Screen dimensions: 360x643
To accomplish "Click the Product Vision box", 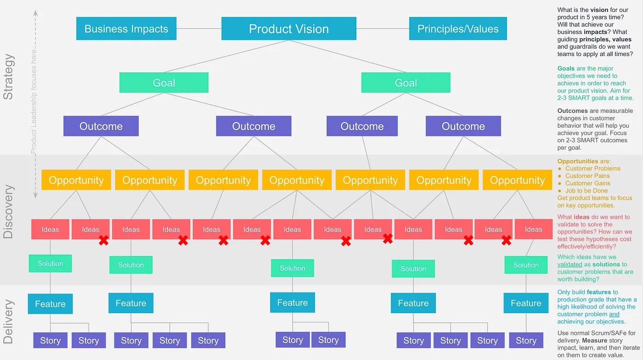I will point(288,28).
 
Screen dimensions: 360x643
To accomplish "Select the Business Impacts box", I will point(126,28).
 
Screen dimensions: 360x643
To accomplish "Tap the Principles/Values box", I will point(457,28).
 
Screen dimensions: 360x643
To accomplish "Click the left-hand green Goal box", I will point(164,83).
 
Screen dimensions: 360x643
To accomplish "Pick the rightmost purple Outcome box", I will point(463,126).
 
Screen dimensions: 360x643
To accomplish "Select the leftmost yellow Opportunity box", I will point(76,180).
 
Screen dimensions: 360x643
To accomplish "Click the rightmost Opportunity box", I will point(517,180).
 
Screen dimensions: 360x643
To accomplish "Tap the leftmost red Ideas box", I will point(50,229).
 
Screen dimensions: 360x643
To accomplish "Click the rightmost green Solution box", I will point(526,265).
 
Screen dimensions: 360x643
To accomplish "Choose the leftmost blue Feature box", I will point(50,304).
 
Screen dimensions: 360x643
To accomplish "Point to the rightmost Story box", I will point(526,340).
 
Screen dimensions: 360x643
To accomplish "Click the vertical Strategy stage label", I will point(9,77).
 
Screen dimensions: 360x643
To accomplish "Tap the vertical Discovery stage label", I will point(9,211).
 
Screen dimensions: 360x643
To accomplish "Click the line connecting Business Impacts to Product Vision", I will point(199,28).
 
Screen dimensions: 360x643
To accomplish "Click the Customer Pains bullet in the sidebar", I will point(587,176).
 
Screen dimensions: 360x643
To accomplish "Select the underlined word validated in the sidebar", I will point(570,264).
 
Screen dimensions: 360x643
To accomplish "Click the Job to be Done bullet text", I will point(586,191).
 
